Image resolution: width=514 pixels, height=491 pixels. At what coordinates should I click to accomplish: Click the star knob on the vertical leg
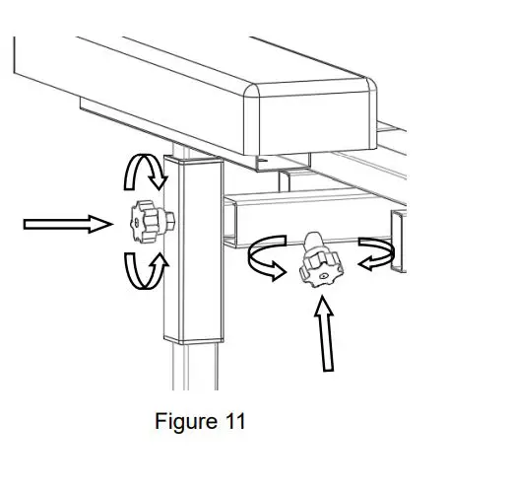click(149, 223)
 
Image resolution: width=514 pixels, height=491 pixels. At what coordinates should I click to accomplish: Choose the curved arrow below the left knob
click(145, 269)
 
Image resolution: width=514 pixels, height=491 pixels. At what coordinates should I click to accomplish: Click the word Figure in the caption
click(183, 422)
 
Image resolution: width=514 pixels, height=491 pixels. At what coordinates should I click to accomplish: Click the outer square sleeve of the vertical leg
click(193, 256)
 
